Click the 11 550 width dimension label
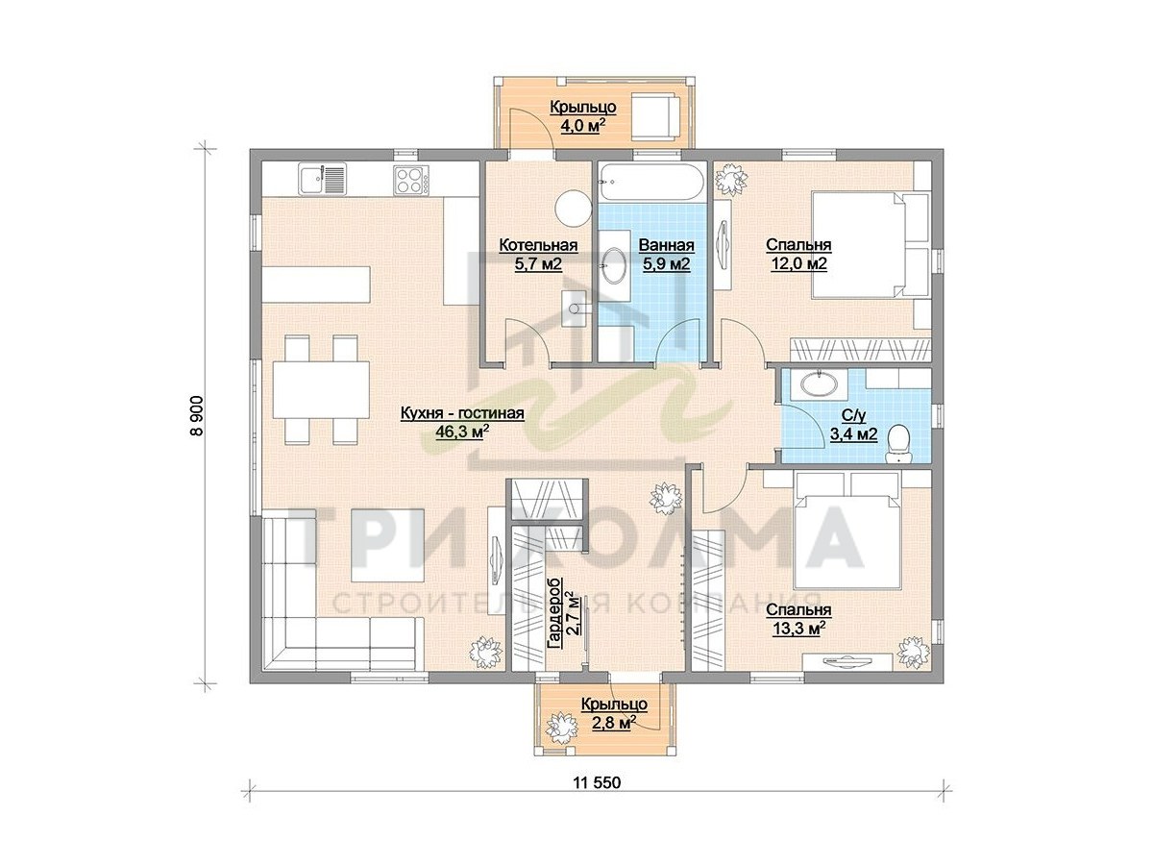point(597,798)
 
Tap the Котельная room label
point(538,245)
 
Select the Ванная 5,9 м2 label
point(666,255)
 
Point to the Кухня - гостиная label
point(462,413)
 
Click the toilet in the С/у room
point(899,444)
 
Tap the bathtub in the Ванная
point(650,183)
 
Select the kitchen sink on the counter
point(322,179)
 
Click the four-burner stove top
point(411,180)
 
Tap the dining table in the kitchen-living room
point(322,389)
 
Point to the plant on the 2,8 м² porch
point(561,728)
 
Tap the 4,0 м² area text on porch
point(583,126)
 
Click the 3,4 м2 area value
point(853,434)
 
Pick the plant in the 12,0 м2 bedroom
point(730,179)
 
